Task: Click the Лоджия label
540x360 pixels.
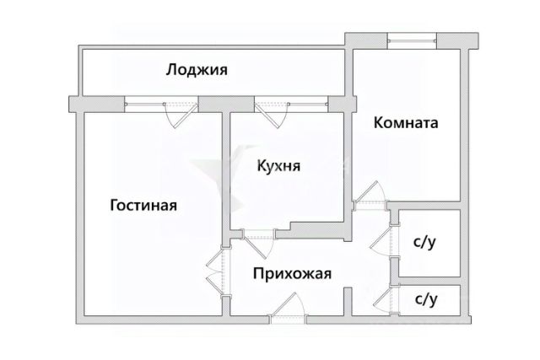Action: click(197, 70)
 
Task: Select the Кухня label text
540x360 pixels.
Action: click(278, 166)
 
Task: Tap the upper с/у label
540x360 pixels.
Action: click(424, 243)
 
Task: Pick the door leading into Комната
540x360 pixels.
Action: click(369, 198)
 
